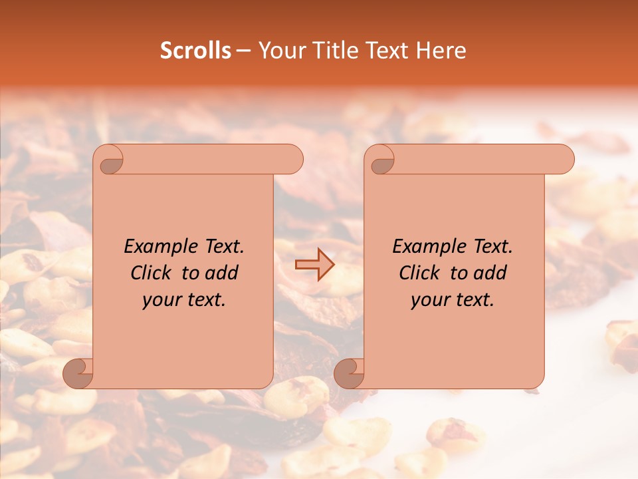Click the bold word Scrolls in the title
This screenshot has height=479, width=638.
click(x=196, y=51)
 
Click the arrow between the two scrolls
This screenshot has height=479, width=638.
click(x=314, y=264)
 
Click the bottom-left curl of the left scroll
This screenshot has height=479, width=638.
click(x=78, y=373)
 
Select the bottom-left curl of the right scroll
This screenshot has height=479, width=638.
click(x=349, y=373)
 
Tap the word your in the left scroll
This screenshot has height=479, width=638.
click(x=159, y=300)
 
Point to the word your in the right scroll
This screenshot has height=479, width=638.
click(x=428, y=300)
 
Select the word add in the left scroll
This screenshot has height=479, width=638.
click(x=223, y=273)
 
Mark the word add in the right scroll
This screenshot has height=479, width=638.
click(x=492, y=273)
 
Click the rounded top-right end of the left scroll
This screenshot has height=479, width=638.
click(x=291, y=160)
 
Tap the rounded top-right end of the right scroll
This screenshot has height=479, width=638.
click(x=562, y=160)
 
